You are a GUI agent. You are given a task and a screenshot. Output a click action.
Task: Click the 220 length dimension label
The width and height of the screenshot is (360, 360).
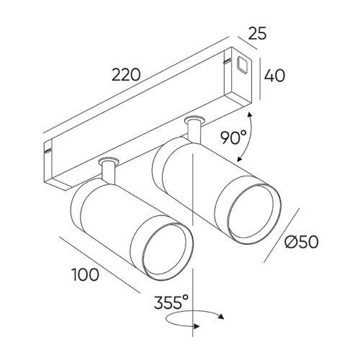click(x=126, y=75)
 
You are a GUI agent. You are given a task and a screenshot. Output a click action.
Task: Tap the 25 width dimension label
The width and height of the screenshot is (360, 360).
click(x=257, y=33)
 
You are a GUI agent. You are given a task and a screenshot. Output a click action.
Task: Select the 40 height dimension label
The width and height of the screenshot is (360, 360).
click(x=274, y=76)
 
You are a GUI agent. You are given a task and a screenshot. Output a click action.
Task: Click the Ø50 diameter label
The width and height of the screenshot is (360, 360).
click(x=302, y=241)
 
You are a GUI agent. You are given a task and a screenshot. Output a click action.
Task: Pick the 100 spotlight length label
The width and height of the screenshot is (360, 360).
click(x=86, y=274)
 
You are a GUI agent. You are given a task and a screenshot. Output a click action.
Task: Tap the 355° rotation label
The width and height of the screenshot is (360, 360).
click(x=171, y=302)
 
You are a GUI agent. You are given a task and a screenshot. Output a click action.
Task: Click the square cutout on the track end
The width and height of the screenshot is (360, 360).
click(x=242, y=64)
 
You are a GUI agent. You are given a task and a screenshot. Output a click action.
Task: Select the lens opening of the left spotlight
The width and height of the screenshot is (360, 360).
click(x=164, y=252)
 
